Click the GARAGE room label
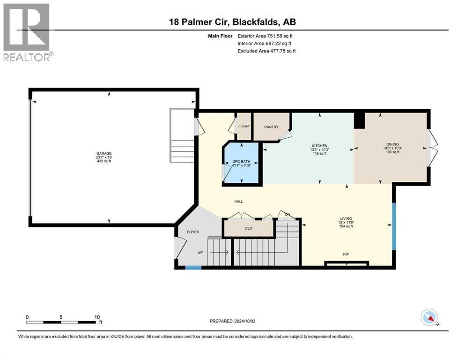point(103,153)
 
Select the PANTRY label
point(271,127)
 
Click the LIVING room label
point(346,218)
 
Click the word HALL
point(239,202)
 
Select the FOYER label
point(193,232)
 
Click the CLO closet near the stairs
point(248,229)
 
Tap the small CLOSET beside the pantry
point(244,127)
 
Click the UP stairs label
point(200,253)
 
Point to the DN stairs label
point(288,214)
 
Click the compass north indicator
point(429,318)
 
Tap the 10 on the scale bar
point(97,317)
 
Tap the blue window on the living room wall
point(394,225)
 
